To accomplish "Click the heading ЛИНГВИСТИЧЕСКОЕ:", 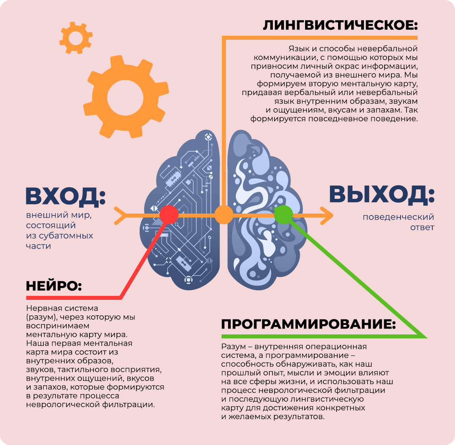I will click(340, 25).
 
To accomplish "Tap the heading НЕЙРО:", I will click(54, 286).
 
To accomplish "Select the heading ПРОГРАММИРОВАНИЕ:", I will click(308, 324).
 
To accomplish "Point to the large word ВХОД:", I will click(65, 196).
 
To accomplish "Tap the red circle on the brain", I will click(169, 215).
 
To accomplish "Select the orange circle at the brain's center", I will click(224, 215).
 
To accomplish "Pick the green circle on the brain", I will click(283, 215).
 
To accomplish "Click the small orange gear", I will click(75, 39).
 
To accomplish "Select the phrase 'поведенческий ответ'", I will click(398, 222).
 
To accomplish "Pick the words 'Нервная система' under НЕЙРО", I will click(62, 308).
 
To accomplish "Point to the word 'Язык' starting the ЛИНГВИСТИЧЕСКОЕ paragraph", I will click(299, 49).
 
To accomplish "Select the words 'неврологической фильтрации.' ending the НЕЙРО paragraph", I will click(90, 405).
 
